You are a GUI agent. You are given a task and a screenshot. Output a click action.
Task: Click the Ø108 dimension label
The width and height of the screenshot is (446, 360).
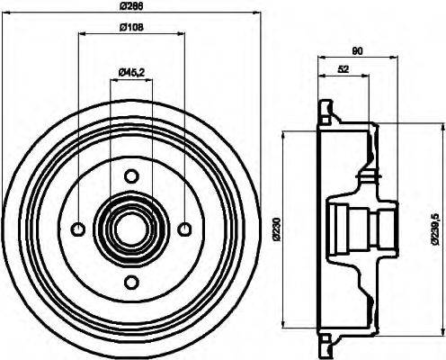[x=131, y=27]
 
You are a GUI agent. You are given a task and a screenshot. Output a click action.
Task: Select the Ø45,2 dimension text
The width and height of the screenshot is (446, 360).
[x=132, y=72]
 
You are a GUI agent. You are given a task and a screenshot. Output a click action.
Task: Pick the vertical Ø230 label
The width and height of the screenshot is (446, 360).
[x=274, y=229]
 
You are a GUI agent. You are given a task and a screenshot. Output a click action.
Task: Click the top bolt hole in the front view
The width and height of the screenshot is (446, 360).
[x=131, y=175]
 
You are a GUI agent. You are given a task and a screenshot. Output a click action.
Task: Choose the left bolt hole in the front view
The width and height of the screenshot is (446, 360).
[x=78, y=229]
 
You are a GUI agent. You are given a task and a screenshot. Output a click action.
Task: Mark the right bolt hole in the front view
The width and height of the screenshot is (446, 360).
[x=184, y=229]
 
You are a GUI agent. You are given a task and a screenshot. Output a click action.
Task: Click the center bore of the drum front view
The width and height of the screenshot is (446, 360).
[x=131, y=229]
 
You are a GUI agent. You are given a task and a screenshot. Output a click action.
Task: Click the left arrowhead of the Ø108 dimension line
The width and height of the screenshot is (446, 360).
[x=82, y=35]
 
